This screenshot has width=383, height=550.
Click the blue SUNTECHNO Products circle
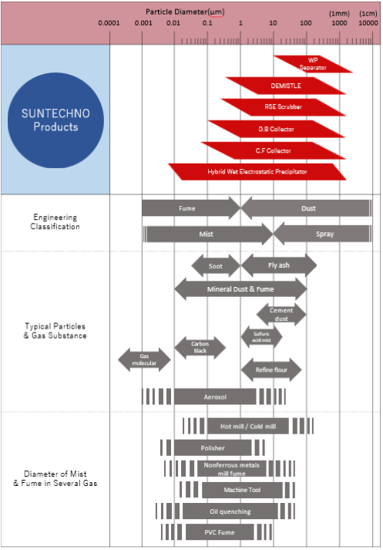55,120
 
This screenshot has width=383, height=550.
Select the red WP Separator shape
313,64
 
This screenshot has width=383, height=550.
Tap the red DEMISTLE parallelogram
286,86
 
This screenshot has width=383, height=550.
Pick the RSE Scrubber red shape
283,107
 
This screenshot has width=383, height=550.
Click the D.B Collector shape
276,129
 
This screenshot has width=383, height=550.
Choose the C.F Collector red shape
274,150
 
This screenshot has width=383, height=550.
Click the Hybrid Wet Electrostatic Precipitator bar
257,171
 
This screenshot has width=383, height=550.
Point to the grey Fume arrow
191,208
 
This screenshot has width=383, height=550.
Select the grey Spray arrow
322,234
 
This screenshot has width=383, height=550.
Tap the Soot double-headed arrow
216,266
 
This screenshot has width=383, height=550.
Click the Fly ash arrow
279,265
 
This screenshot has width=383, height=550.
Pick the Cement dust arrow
281,314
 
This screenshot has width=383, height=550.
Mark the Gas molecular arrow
144,359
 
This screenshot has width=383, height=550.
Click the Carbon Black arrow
200,347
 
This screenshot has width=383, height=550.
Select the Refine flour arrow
271,369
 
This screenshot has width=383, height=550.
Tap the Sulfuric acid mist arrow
261,337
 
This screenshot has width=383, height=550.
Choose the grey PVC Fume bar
220,532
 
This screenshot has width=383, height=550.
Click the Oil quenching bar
230,511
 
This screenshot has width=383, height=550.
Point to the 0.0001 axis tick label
109,23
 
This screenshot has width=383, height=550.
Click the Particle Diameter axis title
185,12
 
